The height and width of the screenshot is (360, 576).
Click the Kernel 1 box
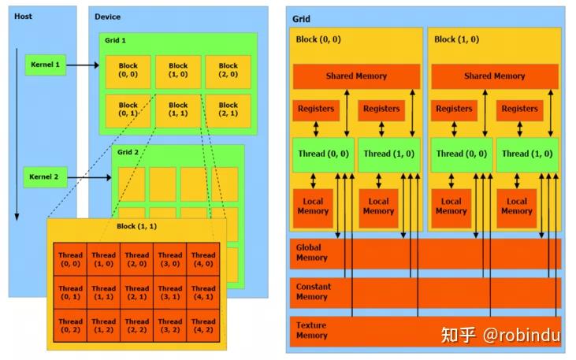coord(45,65)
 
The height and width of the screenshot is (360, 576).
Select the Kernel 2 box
coord(44,177)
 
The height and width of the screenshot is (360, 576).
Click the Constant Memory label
coord(313,292)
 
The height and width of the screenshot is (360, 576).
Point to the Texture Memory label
coord(311,331)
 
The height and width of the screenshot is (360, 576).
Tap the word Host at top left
coord(23,16)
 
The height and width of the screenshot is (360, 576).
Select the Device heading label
coord(108,17)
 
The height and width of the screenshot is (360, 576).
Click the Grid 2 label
coord(128,152)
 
